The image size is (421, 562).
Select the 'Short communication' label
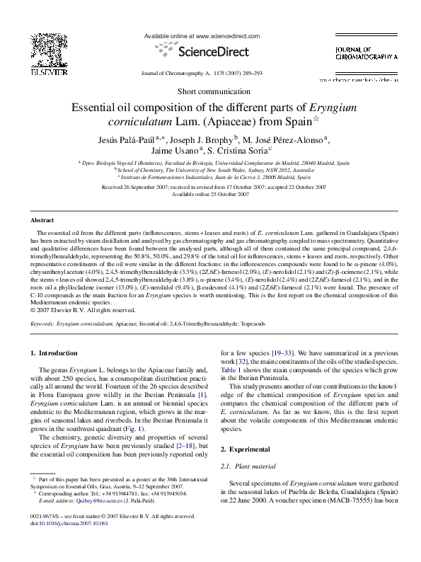click(x=209, y=91)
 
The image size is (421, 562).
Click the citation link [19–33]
click(x=274, y=352)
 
